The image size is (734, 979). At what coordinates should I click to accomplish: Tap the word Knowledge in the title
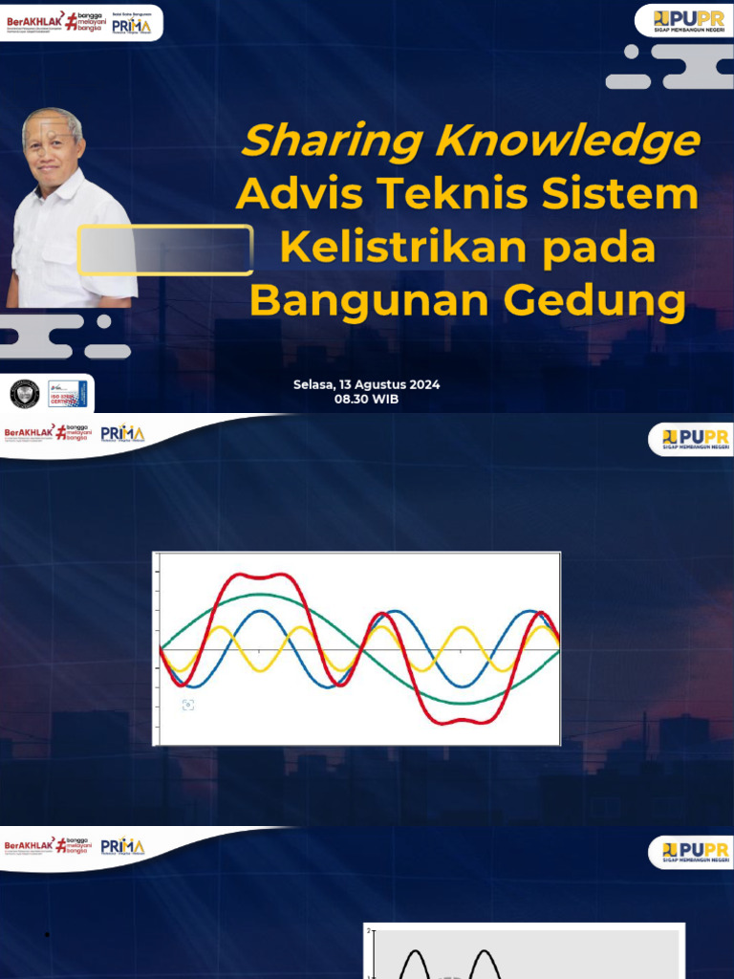567,142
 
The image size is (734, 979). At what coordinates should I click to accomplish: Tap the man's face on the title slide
52,148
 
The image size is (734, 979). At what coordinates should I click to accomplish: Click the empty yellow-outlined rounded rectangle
165,250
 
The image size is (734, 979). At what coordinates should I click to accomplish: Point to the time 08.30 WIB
366,400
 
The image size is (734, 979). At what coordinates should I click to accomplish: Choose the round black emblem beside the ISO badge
24,393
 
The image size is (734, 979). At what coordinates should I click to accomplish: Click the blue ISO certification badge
67,393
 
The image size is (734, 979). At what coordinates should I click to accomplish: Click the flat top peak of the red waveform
258,576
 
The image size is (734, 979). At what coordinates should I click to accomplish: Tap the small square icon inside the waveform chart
188,705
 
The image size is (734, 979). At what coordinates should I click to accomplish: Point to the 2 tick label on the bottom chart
369,929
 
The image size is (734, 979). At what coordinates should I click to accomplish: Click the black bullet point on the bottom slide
47,935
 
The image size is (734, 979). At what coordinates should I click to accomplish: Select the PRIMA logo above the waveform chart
122,434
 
